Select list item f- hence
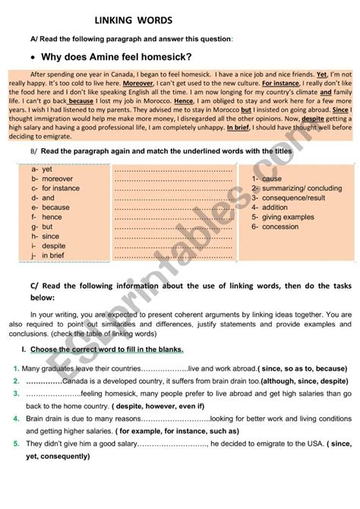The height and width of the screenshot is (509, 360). pos(46,217)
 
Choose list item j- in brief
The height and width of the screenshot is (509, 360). pos(49,256)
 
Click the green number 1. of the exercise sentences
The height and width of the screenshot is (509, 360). pos(15,368)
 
